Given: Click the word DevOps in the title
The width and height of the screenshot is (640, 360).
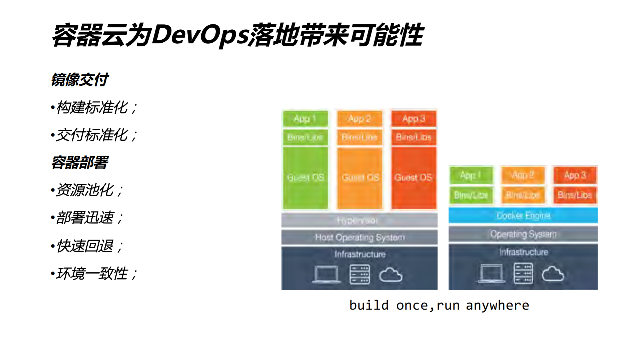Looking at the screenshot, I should pyautogui.click(x=200, y=35).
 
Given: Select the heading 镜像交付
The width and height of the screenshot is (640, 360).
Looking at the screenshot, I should pyautogui.click(x=79, y=80).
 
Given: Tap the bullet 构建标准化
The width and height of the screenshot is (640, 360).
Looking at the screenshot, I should pyautogui.click(x=92, y=107).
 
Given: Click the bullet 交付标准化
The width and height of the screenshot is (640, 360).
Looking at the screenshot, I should pyautogui.click(x=92, y=135).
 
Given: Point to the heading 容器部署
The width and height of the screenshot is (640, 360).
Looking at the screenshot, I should pyautogui.click(x=79, y=162).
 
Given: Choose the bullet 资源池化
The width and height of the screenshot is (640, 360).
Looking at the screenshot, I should pyautogui.click(x=85, y=190).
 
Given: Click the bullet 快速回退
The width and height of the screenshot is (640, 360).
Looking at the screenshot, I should pyautogui.click(x=85, y=246).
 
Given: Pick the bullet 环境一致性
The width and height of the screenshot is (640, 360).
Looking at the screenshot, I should pyautogui.click(x=92, y=274).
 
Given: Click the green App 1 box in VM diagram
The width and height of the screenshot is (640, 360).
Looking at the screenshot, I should pyautogui.click(x=305, y=119).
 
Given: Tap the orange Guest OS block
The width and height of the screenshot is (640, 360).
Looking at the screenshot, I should pyautogui.click(x=360, y=177).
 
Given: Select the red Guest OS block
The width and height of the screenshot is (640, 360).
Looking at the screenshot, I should pyautogui.click(x=414, y=177).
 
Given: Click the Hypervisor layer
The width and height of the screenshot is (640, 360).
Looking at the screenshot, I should pyautogui.click(x=359, y=221).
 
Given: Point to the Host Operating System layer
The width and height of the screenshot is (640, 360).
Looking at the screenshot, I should pyautogui.click(x=359, y=237).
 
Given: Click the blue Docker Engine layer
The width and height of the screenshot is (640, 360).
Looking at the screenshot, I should pyautogui.click(x=523, y=216).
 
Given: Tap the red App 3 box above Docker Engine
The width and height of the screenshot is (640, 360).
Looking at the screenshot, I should pyautogui.click(x=575, y=175).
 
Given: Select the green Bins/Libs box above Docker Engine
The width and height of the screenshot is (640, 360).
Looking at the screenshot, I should pyautogui.click(x=471, y=195).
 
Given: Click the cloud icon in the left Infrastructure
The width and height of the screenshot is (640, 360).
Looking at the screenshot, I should pyautogui.click(x=391, y=275).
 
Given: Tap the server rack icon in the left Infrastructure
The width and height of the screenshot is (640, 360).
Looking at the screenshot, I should pyautogui.click(x=360, y=274).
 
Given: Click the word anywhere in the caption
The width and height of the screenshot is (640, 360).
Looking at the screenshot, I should pyautogui.click(x=497, y=305).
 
